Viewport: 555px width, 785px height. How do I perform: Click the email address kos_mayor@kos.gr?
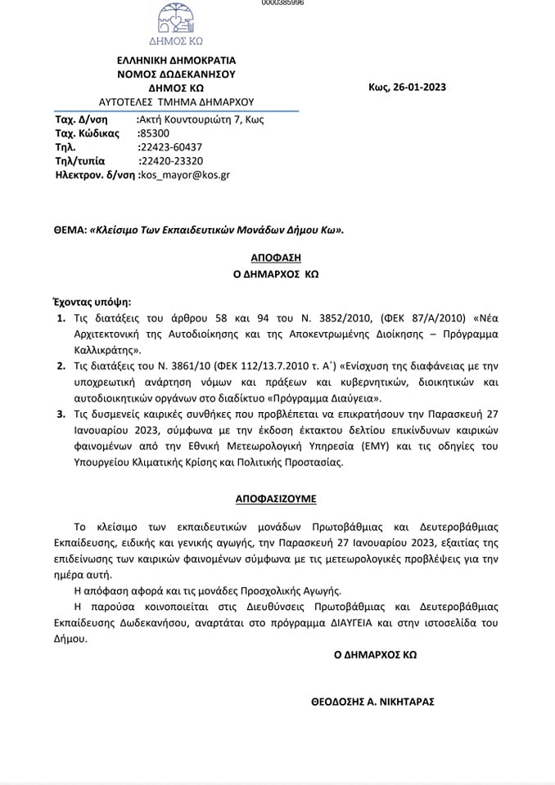tap(186, 175)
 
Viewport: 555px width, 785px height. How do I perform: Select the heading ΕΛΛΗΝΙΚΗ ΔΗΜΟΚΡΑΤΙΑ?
tap(177, 60)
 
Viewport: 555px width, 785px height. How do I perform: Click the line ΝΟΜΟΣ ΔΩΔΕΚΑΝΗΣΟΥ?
tap(177, 74)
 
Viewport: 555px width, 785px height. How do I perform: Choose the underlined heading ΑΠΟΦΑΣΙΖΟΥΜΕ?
tap(276, 497)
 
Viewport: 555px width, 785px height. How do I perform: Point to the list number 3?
tap(61, 415)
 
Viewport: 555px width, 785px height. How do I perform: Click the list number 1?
tap(61, 319)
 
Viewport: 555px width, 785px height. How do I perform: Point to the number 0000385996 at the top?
tap(282, 3)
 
